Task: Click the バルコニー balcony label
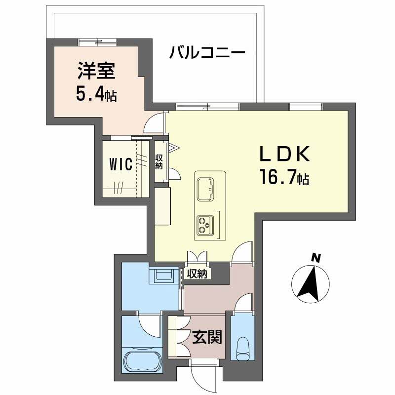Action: click(x=207, y=52)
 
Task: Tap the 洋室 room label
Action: click(x=96, y=72)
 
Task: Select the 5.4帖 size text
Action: click(x=96, y=94)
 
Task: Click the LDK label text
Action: click(x=285, y=155)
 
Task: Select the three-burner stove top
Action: click(x=204, y=225)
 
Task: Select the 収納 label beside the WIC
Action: click(x=159, y=161)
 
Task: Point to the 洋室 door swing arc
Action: click(x=154, y=122)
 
